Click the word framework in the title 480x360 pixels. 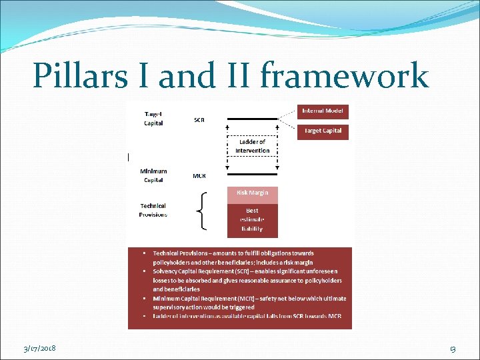click(344, 75)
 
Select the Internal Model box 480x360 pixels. click(323, 111)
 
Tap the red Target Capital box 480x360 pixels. click(323, 131)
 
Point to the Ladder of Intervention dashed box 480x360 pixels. click(253, 146)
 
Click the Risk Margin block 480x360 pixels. click(253, 193)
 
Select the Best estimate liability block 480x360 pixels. click(253, 219)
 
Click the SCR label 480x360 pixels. click(199, 120)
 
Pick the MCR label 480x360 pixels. click(199, 176)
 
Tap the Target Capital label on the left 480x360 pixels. click(153, 119)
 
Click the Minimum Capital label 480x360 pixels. click(153, 175)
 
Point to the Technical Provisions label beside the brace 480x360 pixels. click(153, 210)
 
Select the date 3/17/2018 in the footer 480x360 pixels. click(39, 349)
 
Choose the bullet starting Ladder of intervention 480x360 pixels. click(247, 315)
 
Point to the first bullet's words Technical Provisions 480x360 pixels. click(181, 253)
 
